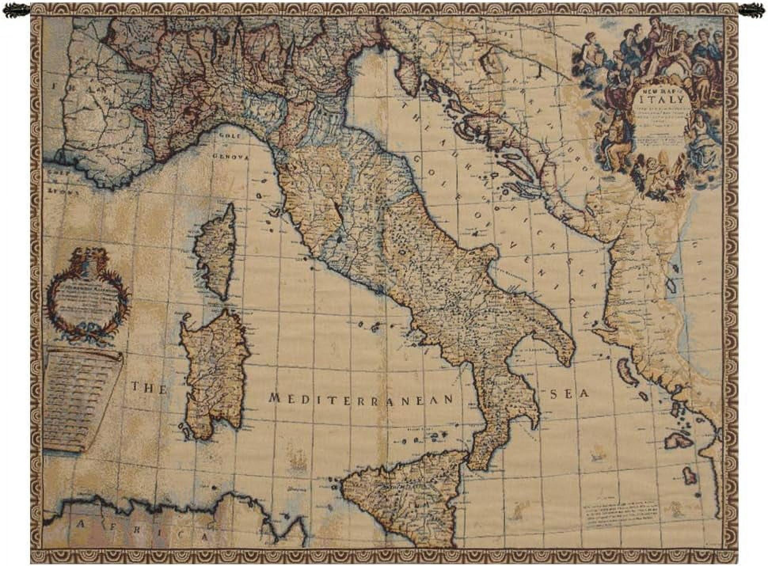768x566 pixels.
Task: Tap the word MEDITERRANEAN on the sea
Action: [x=360, y=399]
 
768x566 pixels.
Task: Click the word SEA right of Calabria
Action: [x=569, y=393]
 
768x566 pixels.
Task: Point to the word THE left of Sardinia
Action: [x=148, y=388]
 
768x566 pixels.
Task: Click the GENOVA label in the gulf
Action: [x=231, y=157]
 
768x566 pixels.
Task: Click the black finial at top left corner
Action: [x=16, y=10]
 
